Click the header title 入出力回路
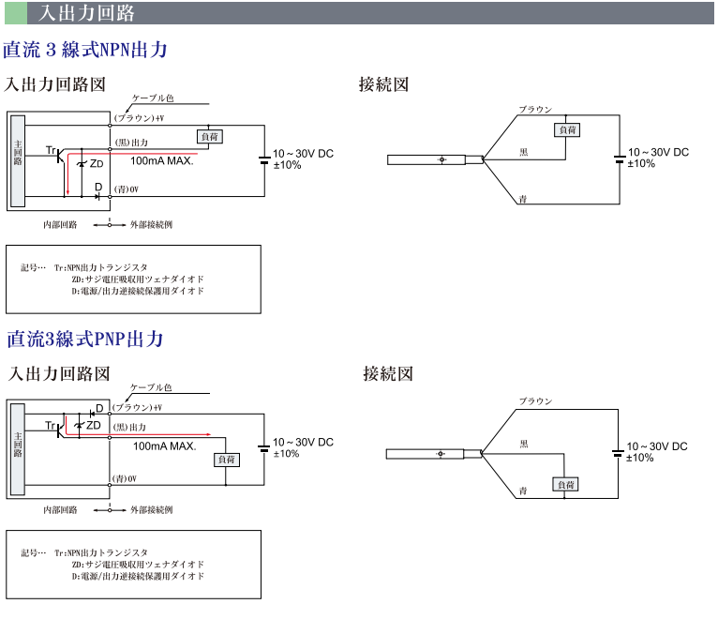coord(86,13)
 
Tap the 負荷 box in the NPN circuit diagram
coord(210,136)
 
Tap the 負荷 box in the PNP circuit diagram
coord(228,460)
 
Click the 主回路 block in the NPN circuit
coord(18,159)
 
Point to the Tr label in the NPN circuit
coord(52,150)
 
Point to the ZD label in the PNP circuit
coord(94,425)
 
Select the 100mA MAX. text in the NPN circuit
coord(161,160)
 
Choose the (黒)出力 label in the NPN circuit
coord(131,143)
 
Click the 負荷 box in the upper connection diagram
coord(566,129)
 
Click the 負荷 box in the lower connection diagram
coord(564,484)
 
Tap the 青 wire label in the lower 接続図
coord(523,491)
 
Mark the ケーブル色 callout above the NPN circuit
coord(153,98)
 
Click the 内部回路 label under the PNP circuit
coord(60,510)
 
